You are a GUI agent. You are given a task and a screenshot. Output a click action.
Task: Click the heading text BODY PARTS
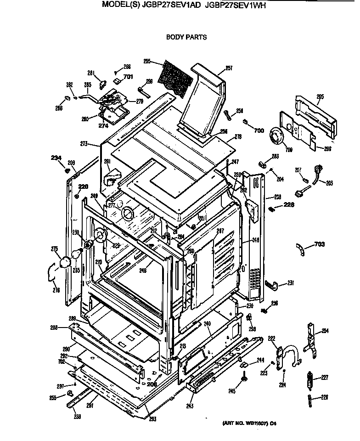186,37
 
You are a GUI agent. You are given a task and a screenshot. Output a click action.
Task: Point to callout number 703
321,244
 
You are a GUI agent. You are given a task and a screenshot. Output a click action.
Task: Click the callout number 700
259,130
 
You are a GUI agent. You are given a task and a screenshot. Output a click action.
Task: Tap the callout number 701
128,77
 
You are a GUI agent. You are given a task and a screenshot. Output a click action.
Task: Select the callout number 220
83,187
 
